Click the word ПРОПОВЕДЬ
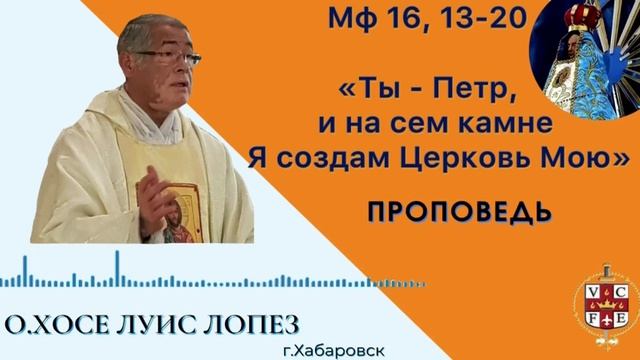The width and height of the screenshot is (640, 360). (460, 212)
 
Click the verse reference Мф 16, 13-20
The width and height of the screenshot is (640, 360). (427, 19)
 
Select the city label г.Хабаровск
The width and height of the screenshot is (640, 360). (334, 351)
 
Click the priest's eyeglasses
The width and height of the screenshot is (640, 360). (169, 58)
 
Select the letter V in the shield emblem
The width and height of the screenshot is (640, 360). (591, 291)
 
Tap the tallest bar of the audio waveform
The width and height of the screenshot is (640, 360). (118, 268)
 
